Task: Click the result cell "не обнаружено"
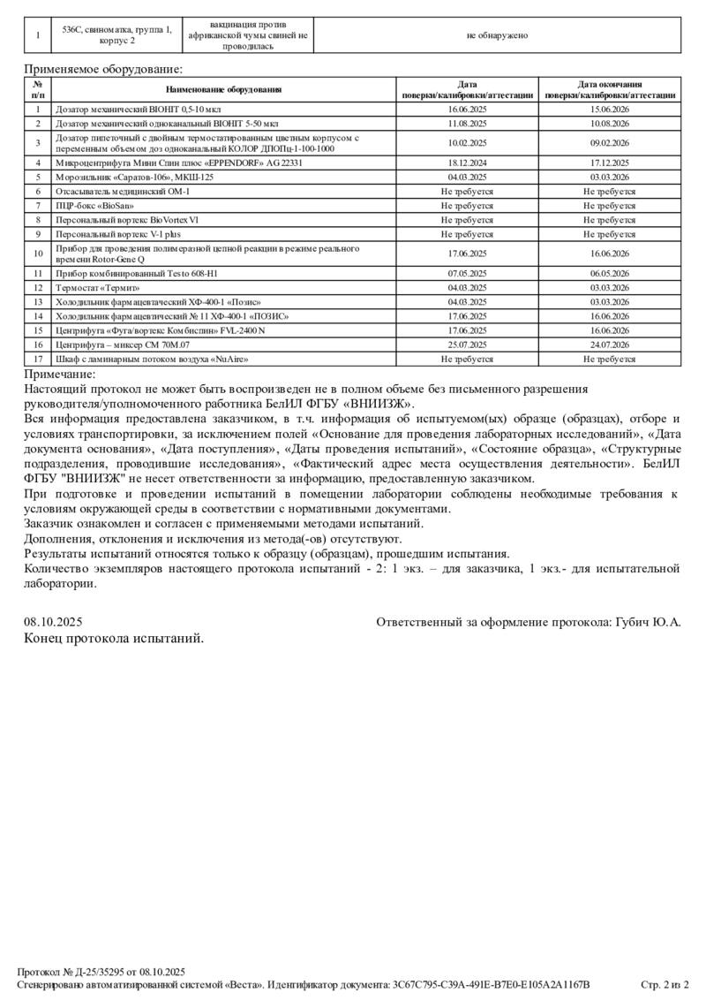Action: tap(497, 35)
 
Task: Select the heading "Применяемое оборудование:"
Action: tap(103, 68)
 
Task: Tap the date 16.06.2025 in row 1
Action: tap(467, 110)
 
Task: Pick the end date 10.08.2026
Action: tap(609, 124)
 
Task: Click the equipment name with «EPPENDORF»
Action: tap(179, 163)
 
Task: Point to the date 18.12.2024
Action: tap(467, 163)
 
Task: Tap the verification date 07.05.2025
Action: tap(467, 274)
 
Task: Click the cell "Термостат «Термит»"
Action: tap(98, 288)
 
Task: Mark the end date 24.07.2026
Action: tap(609, 345)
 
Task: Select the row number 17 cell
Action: tap(38, 359)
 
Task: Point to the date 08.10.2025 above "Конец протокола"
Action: tap(52, 623)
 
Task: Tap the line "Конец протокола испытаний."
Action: tap(114, 638)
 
